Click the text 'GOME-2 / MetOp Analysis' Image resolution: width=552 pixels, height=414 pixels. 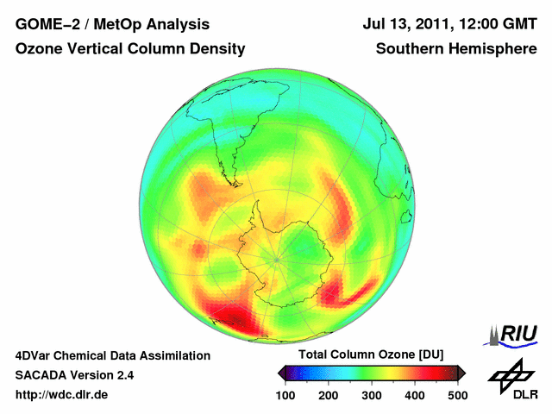pos(112,24)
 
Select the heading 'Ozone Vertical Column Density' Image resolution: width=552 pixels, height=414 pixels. pos(130,49)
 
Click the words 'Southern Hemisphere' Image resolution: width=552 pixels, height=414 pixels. pos(456,49)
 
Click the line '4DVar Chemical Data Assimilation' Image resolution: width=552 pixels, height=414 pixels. pos(113,355)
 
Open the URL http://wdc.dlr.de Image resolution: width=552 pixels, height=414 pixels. pos(62,395)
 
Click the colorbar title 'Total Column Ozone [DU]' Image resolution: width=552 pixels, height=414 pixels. pos(371,355)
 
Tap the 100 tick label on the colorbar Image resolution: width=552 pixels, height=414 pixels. pos(285,395)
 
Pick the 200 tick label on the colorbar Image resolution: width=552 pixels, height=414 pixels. pos(329,395)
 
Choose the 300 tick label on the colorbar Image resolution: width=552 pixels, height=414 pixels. pos(372,395)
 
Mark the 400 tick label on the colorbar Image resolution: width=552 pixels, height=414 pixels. pos(414,395)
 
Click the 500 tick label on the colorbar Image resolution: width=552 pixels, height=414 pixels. pos(457,395)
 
